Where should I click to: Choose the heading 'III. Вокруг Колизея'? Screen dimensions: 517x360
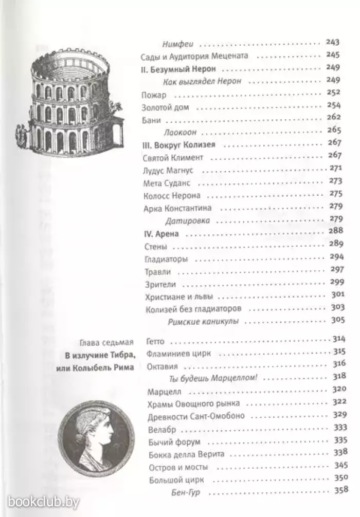click(178, 144)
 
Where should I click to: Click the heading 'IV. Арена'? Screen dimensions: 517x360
click(159, 234)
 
